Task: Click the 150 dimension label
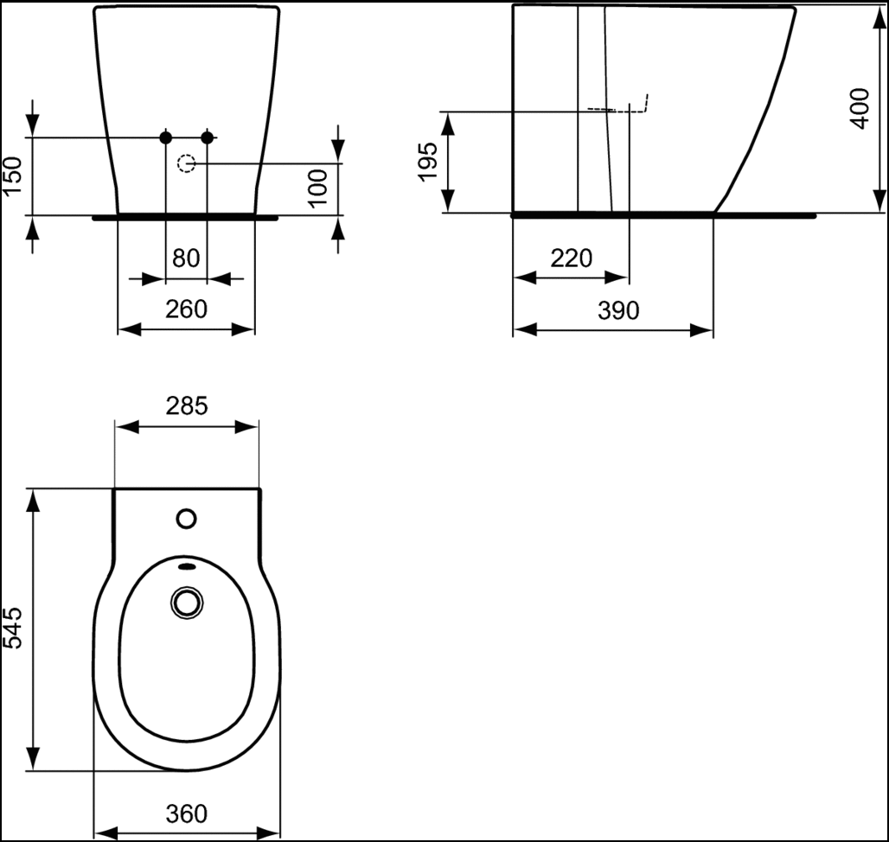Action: coord(12,175)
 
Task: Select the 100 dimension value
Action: coord(318,188)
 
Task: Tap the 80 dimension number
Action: coord(186,258)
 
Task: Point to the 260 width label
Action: coord(186,309)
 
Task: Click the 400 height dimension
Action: coord(860,109)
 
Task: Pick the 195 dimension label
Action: coord(428,162)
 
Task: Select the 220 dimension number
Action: coord(571,258)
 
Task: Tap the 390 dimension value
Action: coord(618,310)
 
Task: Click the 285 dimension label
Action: coord(187,405)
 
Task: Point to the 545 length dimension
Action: coord(12,628)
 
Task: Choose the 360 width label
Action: coord(187,813)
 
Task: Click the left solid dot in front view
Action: coord(165,137)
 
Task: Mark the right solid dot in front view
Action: coord(208,137)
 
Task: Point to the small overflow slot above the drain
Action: coord(187,565)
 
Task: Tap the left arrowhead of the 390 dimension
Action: coord(524,329)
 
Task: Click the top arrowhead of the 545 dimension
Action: coord(33,501)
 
